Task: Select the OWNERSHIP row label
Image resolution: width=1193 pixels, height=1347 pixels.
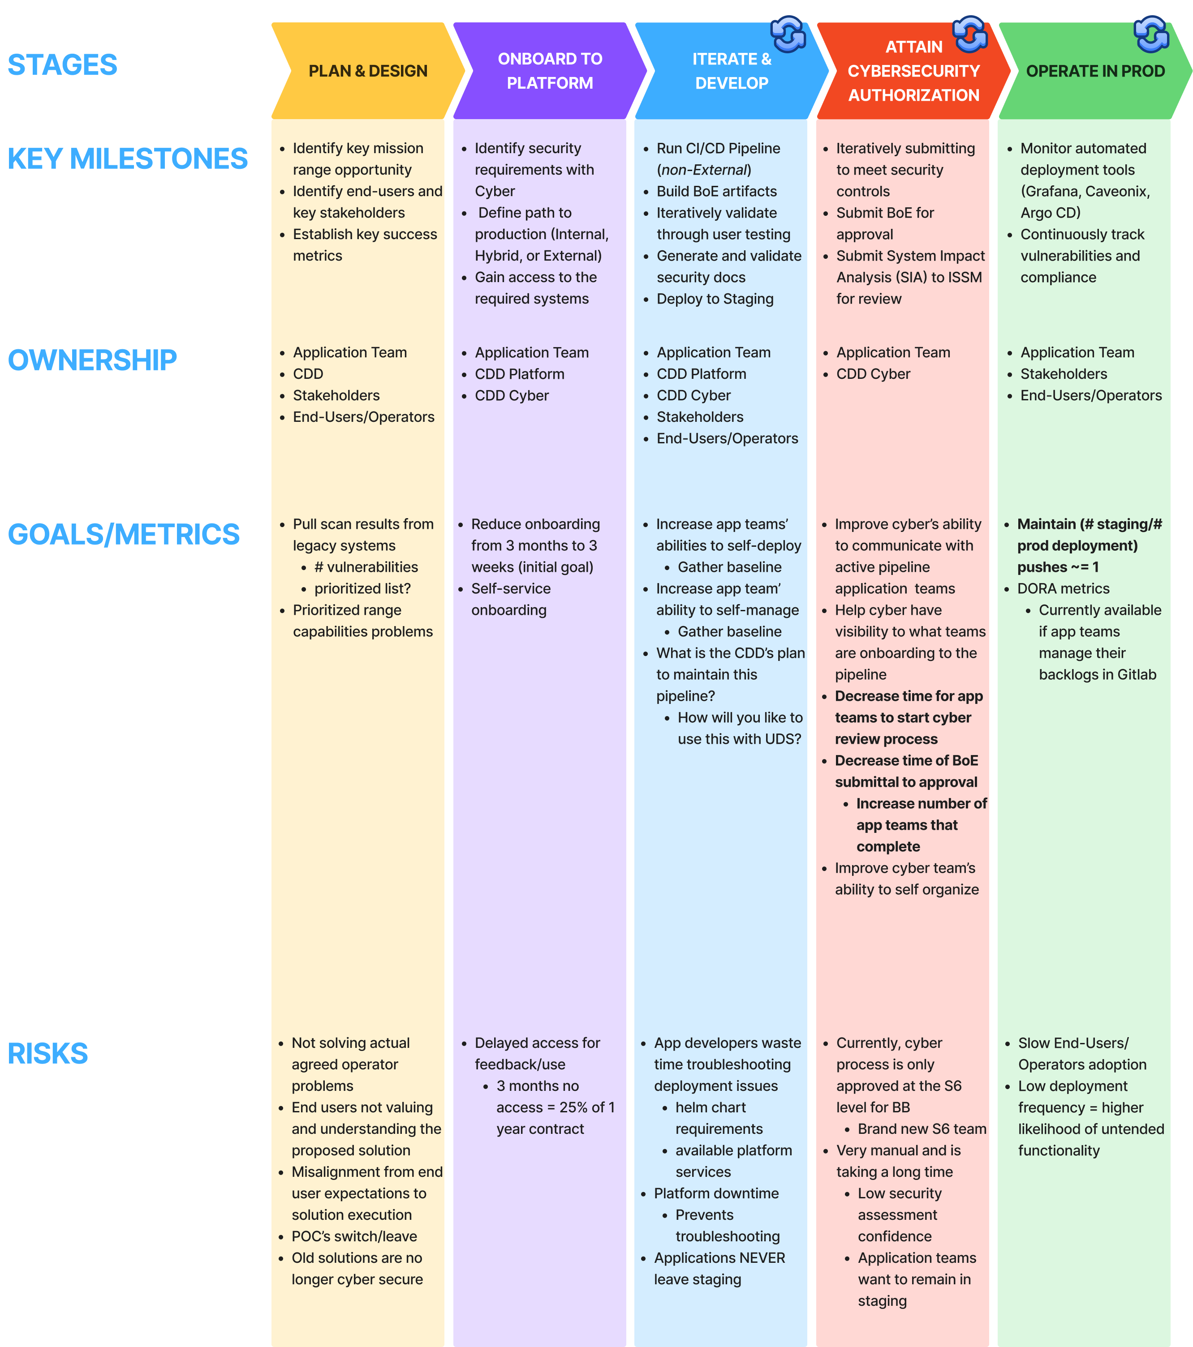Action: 92,360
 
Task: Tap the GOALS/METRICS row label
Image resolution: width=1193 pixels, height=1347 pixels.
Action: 123,534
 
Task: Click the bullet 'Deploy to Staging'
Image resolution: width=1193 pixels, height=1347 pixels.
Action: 715,299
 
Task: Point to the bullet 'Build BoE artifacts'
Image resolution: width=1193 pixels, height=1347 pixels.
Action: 716,192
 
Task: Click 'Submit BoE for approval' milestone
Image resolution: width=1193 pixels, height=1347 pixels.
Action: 884,223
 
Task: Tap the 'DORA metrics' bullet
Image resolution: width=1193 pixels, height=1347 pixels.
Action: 1063,588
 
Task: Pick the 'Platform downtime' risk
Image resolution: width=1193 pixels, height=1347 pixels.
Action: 716,1193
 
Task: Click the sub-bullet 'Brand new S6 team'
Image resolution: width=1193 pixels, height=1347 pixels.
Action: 922,1129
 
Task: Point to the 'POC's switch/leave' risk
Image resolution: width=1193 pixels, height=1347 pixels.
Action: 354,1236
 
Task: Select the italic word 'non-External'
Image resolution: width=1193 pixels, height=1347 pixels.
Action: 704,170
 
